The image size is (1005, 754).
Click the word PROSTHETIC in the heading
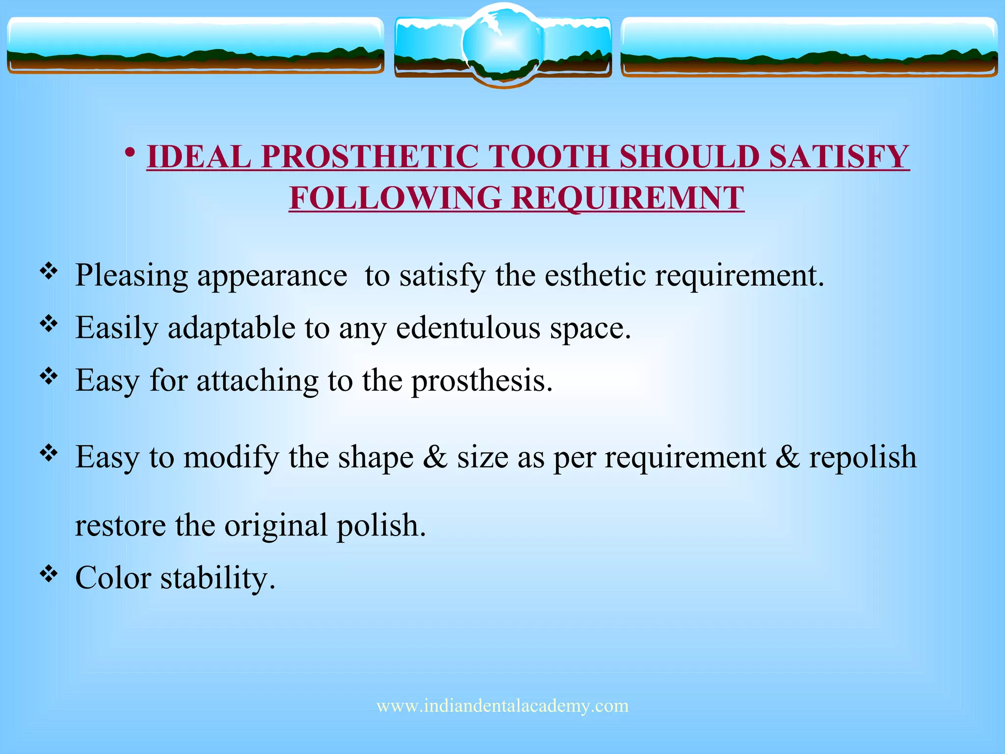tap(370, 157)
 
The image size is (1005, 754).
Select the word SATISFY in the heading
tap(839, 157)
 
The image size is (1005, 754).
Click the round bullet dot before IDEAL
tap(130, 153)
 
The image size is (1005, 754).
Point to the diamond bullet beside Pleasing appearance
tap(49, 271)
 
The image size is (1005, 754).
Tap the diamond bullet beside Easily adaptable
tap(49, 323)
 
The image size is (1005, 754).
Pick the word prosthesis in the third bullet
tap(481, 380)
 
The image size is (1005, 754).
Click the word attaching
tap(258, 380)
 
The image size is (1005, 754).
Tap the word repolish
tap(863, 457)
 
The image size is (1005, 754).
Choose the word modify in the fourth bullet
tap(231, 457)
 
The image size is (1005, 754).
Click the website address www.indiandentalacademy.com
tap(502, 706)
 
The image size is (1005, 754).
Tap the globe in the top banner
tap(502, 45)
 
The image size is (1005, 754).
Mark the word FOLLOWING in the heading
tap(395, 198)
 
